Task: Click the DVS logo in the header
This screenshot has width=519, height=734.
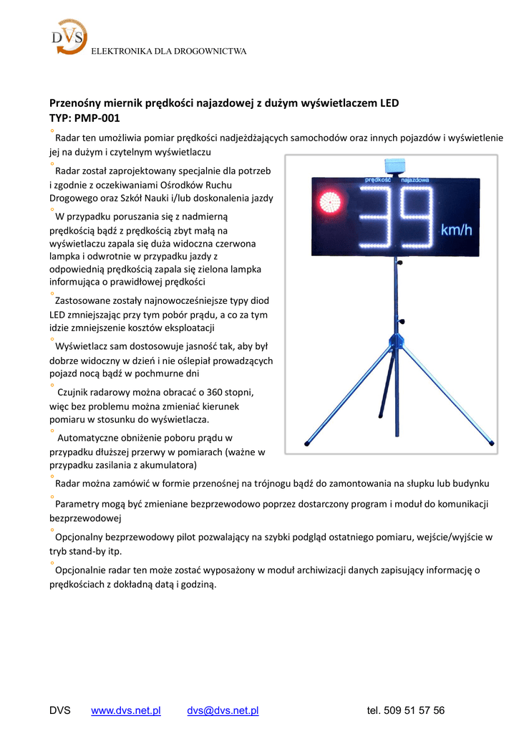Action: [x=69, y=37]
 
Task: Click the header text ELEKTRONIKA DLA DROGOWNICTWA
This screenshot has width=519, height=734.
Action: [x=168, y=52]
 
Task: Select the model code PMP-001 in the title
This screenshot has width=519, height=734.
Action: [x=97, y=118]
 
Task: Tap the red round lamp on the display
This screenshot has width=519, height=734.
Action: [x=331, y=203]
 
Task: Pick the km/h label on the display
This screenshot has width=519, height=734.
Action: [x=456, y=230]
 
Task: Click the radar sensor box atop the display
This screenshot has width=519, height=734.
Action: [x=396, y=166]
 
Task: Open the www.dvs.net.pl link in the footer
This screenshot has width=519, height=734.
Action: [x=126, y=710]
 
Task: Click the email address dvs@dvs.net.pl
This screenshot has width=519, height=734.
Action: [x=223, y=710]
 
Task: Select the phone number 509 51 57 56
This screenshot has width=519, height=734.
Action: [x=414, y=710]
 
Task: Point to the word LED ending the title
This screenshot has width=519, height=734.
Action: [x=389, y=103]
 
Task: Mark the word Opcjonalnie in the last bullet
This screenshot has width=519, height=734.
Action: [x=82, y=570]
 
